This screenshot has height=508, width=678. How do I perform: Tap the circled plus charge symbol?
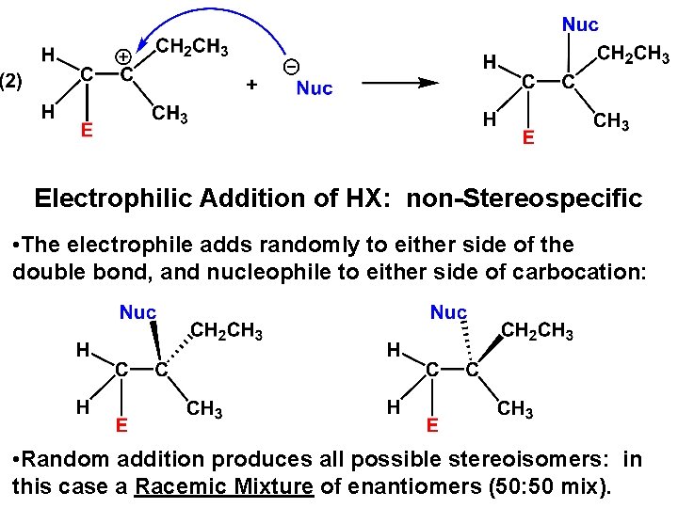(x=122, y=56)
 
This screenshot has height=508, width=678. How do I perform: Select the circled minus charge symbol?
(x=292, y=67)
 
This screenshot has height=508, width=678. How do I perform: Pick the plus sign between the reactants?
(x=251, y=86)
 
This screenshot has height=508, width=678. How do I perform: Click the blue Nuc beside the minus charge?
(x=315, y=89)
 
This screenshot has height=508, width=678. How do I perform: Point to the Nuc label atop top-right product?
(x=579, y=24)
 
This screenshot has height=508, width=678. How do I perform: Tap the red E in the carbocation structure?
(x=86, y=130)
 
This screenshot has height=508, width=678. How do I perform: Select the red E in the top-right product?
(x=528, y=138)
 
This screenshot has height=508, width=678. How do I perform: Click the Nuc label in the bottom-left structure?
(x=137, y=311)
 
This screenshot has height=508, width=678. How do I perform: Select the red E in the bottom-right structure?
(x=432, y=425)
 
